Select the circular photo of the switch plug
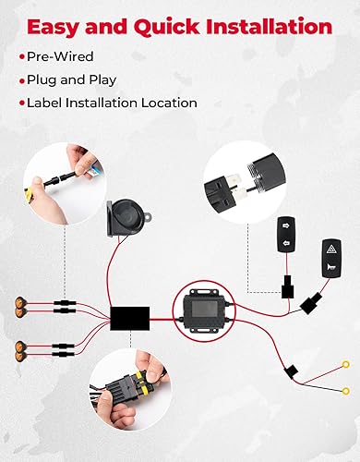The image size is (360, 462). tap(244, 176)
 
